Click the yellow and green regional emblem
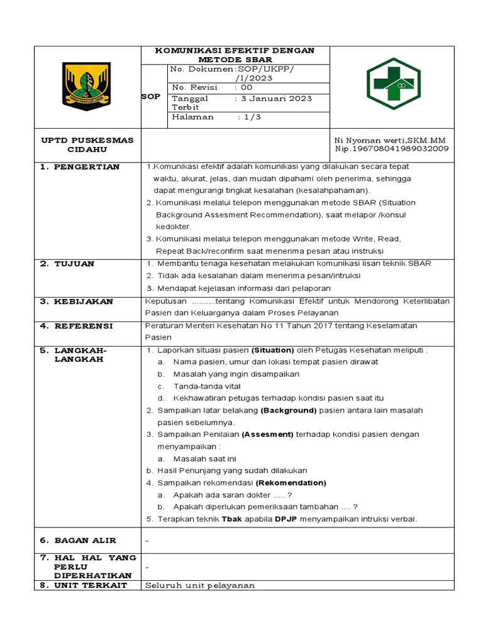coord(87,87)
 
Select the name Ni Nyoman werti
coord(363,140)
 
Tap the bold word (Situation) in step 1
coord(272,350)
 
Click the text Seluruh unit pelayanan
coord(200,585)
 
